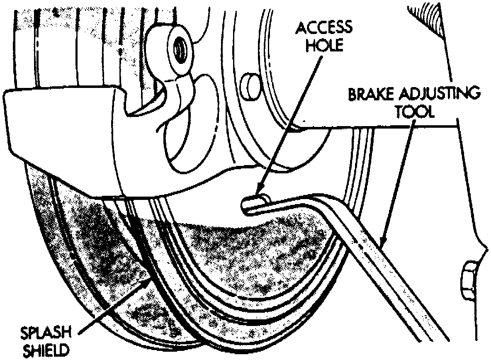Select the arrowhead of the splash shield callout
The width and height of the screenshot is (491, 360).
150,282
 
